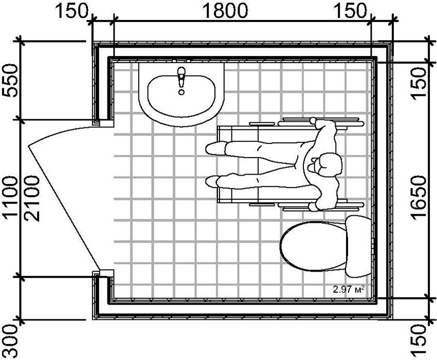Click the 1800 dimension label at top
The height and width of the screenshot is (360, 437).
click(225, 11)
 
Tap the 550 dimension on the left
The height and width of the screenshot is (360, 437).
click(10, 80)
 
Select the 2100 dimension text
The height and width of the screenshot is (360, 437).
click(32, 198)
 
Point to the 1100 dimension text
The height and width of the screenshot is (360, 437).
click(10, 198)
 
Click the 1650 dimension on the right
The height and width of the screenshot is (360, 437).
click(418, 198)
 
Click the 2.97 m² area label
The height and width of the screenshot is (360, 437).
click(349, 289)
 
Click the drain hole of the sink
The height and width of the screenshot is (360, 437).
click(181, 92)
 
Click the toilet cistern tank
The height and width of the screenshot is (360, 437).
click(358, 247)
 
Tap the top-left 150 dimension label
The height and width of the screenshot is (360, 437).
click(72, 11)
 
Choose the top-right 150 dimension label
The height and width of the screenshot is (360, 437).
click(350, 11)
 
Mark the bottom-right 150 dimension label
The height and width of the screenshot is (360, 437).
click(418, 340)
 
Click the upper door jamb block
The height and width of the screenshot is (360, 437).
click(107, 123)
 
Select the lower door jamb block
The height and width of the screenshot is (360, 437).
click(107, 273)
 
